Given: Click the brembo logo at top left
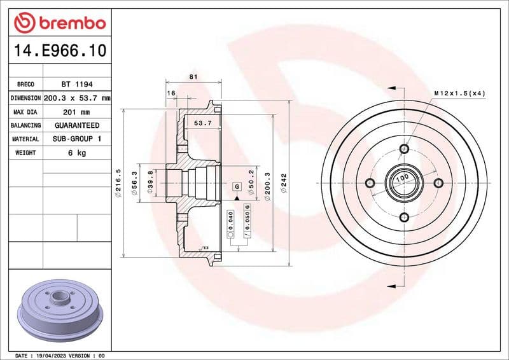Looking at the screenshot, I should (x=59, y=22).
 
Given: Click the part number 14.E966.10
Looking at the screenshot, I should (x=59, y=50).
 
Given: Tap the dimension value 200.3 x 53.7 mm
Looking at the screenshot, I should (x=76, y=98).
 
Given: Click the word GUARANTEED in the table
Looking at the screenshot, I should (x=76, y=125).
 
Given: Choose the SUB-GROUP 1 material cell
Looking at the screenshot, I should (x=76, y=139).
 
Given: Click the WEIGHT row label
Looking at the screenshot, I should (x=25, y=153).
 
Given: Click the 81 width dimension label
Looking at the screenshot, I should (x=193, y=77).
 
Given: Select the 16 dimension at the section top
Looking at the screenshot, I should (x=171, y=93).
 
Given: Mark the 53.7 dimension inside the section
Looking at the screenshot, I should (x=202, y=123).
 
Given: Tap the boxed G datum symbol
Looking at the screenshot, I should (x=237, y=186).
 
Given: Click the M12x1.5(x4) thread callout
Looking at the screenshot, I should (x=460, y=93).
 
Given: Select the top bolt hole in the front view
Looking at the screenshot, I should (x=404, y=149).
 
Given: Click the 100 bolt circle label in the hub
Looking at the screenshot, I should (x=402, y=180).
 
